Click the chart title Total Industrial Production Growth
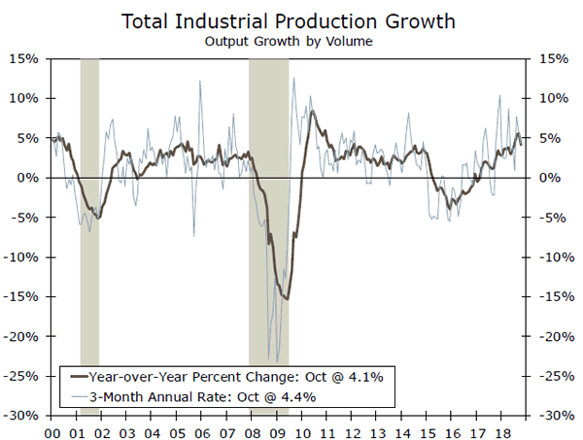coord(291,21)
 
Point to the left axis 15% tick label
coord(25,58)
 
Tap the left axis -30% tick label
coord(22,415)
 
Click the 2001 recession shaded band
coord(89,233)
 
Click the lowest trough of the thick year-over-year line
coord(286,298)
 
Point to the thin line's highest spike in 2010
coord(293,78)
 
